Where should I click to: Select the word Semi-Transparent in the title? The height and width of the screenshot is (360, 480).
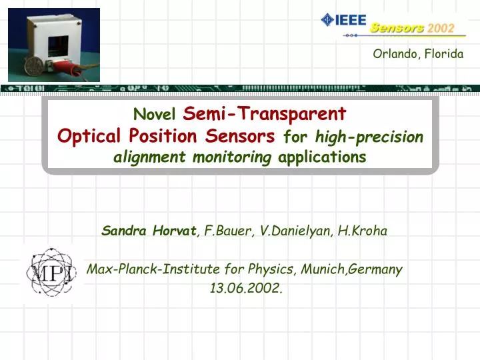pyautogui.click(x=264, y=113)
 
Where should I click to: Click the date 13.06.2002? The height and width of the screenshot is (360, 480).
pyautogui.click(x=245, y=288)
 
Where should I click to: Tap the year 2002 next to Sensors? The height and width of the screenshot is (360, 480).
pyautogui.click(x=441, y=28)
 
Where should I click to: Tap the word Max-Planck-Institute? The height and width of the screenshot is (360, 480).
pyautogui.click(x=155, y=269)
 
